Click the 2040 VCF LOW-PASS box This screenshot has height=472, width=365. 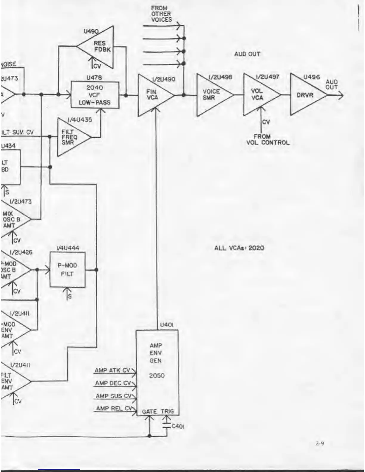click(95, 95)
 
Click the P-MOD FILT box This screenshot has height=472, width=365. click(67, 270)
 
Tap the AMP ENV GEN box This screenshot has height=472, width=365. click(157, 372)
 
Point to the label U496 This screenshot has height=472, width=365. click(311, 77)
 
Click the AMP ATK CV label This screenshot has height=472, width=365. click(112, 370)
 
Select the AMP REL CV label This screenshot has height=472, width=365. click(113, 408)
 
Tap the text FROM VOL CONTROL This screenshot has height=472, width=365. click(267, 139)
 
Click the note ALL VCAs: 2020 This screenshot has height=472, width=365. click(239, 248)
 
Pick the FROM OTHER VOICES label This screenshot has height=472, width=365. click(161, 14)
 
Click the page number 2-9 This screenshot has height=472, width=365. click(320, 443)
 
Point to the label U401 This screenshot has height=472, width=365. click(167, 325)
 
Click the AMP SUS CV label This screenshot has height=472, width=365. click(114, 396)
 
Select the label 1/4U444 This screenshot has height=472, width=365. click(68, 248)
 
